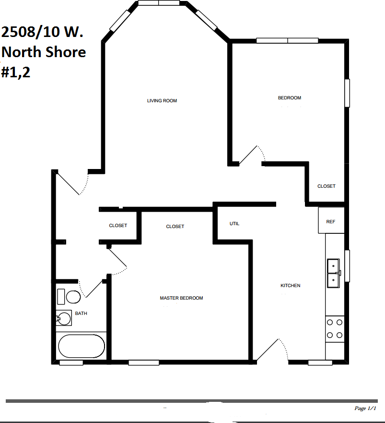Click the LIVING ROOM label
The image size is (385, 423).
pos(162,101)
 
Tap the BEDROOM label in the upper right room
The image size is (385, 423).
pos(290,98)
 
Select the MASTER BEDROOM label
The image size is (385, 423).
pos(181,298)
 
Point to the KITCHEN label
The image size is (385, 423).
pos(290,286)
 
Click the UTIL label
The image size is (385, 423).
pos(234,224)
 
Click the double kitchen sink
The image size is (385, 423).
pos(333,273)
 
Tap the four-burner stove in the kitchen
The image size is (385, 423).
pos(335,329)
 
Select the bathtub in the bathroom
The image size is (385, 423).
pos(81,346)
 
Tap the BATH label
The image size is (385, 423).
pos(81,314)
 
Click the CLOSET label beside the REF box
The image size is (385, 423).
pos(327,186)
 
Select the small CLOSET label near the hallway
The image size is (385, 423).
pos(118,226)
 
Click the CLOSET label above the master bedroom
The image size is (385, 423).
pos(175,227)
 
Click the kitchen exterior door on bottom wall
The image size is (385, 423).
pos(273,350)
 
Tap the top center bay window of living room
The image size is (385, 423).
pos(158,3)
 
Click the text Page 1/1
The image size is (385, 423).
pos(366,409)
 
